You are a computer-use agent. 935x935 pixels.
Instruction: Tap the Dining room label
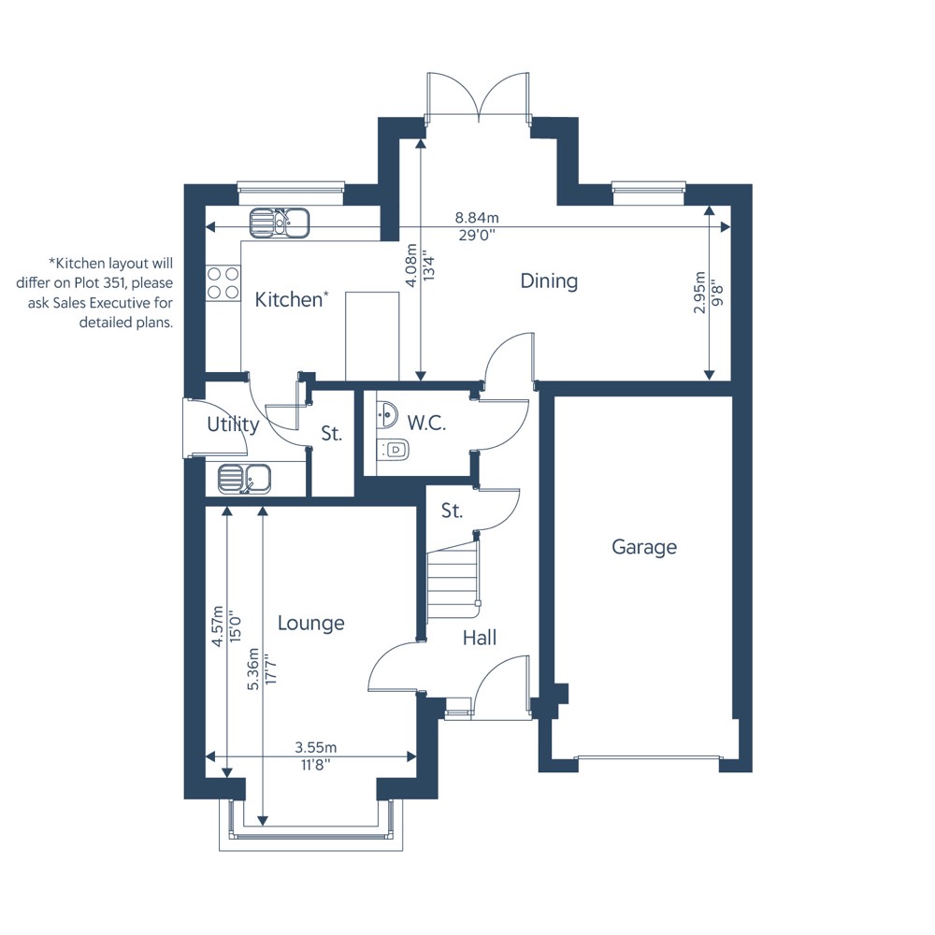549,280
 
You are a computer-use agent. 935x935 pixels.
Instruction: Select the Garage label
644,547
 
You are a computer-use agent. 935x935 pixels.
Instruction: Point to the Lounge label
311,623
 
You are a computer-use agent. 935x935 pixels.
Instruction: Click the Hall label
480,638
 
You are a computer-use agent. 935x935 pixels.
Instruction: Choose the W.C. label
426,423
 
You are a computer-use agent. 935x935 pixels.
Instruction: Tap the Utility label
233,424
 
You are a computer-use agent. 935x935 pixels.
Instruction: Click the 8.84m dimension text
477,218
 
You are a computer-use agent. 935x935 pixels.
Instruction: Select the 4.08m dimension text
410,266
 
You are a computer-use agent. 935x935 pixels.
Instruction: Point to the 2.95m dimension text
699,292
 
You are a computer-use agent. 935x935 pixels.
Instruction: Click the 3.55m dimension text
316,747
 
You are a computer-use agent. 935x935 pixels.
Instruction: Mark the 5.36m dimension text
253,669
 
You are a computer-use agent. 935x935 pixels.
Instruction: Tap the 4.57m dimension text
218,626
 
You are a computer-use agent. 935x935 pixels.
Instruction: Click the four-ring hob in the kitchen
223,282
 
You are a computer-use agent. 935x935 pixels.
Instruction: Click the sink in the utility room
244,479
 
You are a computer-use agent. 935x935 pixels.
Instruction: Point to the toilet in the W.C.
393,449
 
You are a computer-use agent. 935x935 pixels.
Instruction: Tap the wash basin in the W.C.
388,412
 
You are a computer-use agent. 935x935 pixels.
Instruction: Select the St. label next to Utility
332,434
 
